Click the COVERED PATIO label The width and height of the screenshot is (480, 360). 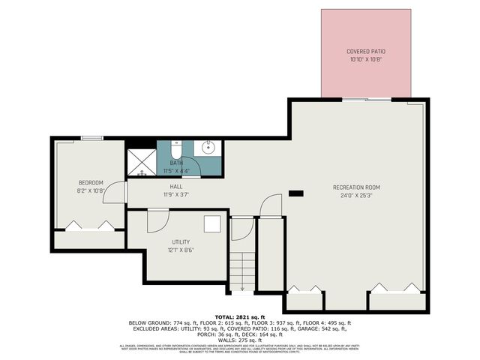(x=366, y=51)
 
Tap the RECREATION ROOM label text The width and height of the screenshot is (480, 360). (x=357, y=187)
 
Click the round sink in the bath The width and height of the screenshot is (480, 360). (x=209, y=148)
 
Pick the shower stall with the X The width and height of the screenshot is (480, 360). (x=139, y=160)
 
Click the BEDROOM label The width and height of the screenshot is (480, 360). (x=91, y=182)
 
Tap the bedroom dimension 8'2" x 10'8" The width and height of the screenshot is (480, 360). (x=91, y=190)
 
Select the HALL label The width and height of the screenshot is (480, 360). (x=176, y=187)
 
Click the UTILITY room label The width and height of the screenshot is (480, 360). (x=181, y=241)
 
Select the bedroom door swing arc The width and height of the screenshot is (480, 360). (x=112, y=193)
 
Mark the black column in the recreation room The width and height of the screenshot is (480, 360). (x=296, y=193)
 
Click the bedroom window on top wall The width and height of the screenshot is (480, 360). (x=92, y=137)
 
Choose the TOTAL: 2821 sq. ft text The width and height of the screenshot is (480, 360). (x=240, y=317)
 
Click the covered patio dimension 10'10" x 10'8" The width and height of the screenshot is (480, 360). (x=366, y=59)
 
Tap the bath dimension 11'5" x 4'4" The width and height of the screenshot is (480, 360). (x=176, y=171)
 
